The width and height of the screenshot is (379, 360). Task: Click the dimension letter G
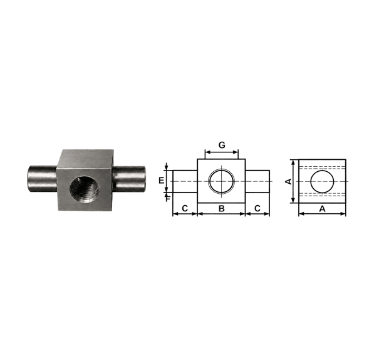pos(222,145)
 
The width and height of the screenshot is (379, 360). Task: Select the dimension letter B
pos(221,208)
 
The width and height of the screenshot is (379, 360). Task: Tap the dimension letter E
pos(162,181)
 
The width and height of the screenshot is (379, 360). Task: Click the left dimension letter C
pos(185,208)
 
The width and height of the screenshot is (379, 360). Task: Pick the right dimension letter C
pos(257,208)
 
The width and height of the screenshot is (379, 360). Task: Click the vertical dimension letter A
pos(289,181)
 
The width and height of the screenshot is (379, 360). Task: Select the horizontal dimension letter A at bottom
pos(322,209)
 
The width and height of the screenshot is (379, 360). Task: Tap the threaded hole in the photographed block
pos(84,187)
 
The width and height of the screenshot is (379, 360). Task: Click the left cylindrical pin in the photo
pos(43,179)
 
